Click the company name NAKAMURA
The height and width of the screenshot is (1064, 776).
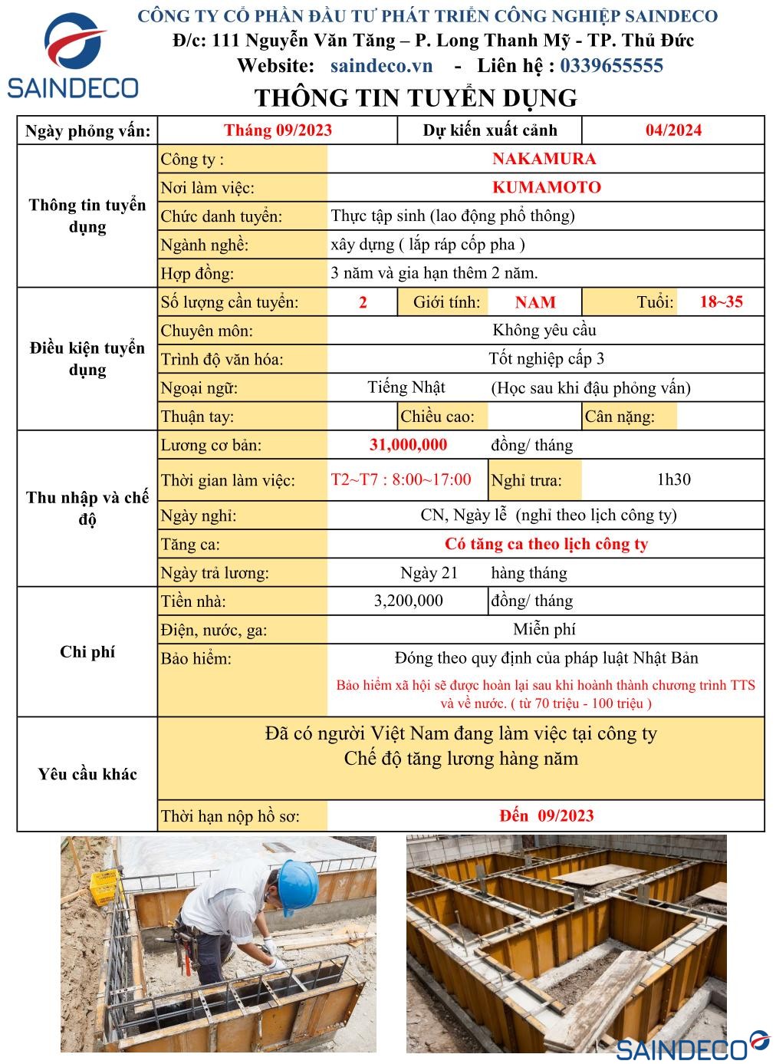click(544, 159)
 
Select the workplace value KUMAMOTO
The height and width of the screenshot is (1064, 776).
click(546, 187)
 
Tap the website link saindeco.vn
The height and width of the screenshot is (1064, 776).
click(381, 66)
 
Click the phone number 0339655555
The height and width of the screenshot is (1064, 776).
click(611, 66)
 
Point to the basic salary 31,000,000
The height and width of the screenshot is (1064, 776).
click(408, 445)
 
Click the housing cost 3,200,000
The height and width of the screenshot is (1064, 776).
click(408, 601)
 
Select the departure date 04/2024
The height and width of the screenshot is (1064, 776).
click(672, 130)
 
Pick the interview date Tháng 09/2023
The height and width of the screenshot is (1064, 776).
click(278, 130)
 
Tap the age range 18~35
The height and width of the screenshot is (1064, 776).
click(721, 301)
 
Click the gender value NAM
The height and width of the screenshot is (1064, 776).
click(534, 302)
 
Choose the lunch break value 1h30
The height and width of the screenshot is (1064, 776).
click(673, 479)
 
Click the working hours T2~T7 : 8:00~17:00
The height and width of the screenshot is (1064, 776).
click(401, 479)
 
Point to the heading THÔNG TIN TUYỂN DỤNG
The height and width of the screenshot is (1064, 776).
click(415, 98)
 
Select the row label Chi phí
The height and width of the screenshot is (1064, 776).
click(87, 652)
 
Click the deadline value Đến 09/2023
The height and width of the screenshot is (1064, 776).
click(546, 815)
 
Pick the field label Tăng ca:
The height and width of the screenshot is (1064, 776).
click(190, 545)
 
